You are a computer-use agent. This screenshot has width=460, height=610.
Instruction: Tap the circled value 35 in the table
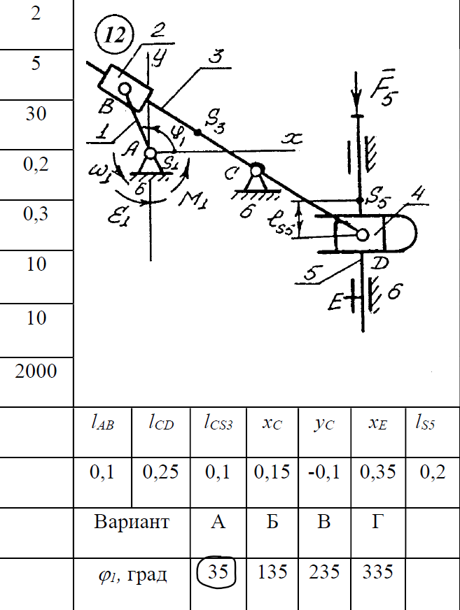(x=218, y=572)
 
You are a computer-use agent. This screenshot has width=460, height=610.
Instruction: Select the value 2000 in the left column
(x=36, y=370)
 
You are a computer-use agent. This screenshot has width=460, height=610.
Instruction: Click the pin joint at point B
(x=125, y=89)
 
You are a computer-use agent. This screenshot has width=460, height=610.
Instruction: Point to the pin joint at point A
(x=151, y=153)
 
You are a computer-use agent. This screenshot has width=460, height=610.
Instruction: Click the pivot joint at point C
(x=256, y=170)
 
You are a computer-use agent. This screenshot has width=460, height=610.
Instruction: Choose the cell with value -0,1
(x=323, y=472)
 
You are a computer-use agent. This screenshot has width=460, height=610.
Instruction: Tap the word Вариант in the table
(x=132, y=523)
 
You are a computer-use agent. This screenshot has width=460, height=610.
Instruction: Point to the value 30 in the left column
(x=36, y=113)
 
